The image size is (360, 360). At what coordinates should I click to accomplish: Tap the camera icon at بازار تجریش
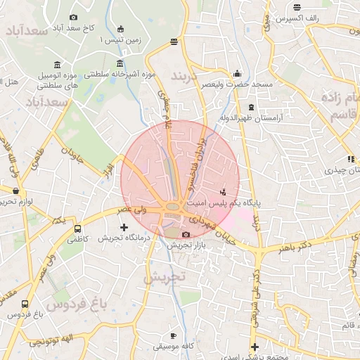186,234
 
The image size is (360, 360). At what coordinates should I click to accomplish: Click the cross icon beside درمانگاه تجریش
124,227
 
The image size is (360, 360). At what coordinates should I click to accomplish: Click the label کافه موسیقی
173,347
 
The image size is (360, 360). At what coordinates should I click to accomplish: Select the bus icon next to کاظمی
77,229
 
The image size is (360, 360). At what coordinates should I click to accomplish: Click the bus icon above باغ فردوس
25,304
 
